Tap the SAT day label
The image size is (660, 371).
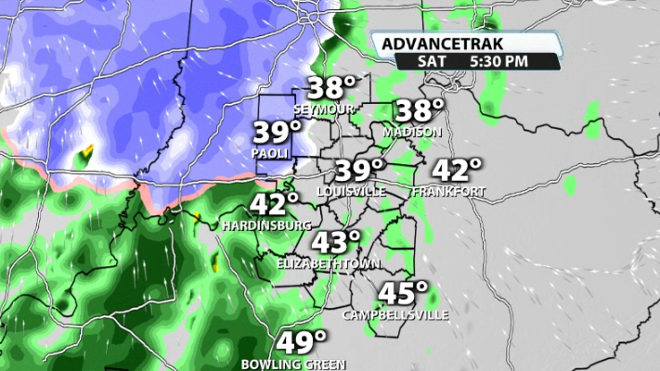(429, 61)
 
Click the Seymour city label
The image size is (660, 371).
(330, 109)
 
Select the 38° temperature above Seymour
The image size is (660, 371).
(331, 89)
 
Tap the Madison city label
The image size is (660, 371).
(411, 133)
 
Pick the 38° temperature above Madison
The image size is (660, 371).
(420, 111)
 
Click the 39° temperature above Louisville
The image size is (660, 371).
(358, 171)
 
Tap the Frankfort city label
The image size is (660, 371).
(449, 192)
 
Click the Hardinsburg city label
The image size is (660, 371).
(266, 225)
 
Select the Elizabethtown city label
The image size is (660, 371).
(330, 264)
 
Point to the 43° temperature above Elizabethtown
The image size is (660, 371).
(335, 243)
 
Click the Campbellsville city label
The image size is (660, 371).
(396, 314)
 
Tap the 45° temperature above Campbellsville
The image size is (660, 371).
(401, 294)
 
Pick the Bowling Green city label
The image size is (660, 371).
(293, 363)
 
